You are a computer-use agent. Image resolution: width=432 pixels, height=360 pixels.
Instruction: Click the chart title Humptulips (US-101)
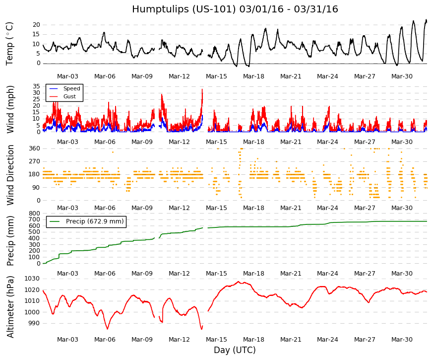184,9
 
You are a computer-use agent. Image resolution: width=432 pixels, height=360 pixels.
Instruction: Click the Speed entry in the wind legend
71,88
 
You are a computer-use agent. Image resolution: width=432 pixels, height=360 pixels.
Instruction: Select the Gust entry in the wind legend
69,96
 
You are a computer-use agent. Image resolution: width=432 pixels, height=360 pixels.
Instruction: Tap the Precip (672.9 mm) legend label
95,221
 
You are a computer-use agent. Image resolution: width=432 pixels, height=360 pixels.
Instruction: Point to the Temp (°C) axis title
9,44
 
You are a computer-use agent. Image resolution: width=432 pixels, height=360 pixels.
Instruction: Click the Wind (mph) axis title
10,110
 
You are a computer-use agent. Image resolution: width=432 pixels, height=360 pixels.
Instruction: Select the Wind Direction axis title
10,175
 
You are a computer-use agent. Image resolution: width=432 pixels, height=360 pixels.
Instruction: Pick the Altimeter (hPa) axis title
10,307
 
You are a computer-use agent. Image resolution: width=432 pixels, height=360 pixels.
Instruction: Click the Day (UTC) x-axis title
235,350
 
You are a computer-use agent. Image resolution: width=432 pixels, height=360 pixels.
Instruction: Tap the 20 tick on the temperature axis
36,25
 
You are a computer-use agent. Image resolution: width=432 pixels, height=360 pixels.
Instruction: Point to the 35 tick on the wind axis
36,86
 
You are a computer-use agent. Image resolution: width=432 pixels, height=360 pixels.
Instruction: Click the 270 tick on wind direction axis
35,161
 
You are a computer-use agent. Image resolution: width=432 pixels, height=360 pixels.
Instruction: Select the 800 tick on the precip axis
35,213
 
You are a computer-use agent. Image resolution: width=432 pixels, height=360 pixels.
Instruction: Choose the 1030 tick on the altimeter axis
32,279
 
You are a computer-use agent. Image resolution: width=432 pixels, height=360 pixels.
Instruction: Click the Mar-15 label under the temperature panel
216,76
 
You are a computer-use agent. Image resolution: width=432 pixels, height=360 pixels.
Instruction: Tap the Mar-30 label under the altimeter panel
402,340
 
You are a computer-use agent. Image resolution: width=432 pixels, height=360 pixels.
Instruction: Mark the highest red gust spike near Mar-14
202,89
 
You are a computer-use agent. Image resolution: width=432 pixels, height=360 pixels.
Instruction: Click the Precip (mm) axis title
10,241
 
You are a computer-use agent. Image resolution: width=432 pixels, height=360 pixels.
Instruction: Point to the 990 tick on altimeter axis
35,323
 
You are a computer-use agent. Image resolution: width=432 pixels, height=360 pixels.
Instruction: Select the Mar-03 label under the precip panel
67,274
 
